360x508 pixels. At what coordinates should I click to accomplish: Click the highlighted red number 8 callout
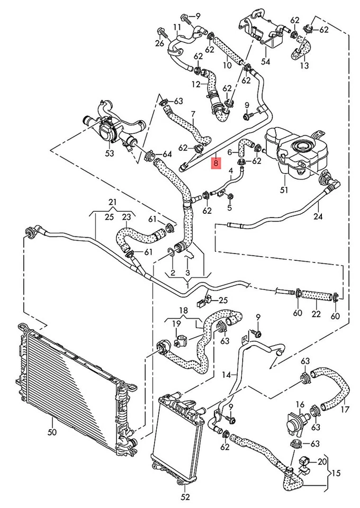tap(214, 163)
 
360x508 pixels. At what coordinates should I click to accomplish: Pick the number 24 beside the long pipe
tap(317, 216)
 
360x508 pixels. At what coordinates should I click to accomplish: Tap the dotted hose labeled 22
tap(317, 295)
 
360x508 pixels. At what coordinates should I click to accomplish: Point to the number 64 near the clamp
tap(167, 154)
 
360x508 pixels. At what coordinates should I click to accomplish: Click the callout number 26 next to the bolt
tap(160, 43)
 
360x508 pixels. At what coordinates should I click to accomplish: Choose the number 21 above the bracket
tap(112, 202)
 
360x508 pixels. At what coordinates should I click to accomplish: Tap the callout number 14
tap(227, 374)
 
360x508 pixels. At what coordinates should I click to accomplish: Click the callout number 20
tap(322, 461)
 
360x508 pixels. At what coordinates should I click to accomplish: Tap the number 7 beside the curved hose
tap(193, 114)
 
